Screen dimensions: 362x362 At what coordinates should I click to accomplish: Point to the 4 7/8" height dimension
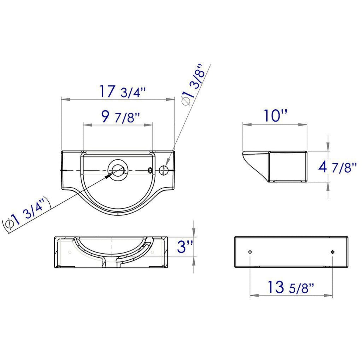pyautogui.click(x=337, y=167)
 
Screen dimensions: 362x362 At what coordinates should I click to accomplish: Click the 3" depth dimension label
pyautogui.click(x=185, y=247)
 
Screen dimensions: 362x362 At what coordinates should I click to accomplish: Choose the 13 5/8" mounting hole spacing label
pyautogui.click(x=291, y=287)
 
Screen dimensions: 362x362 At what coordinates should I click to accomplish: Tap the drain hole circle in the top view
pyautogui.click(x=118, y=170)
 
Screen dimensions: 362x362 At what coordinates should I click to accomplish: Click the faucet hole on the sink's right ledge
pyautogui.click(x=163, y=170)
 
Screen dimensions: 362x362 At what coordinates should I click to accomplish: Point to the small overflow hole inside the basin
pyautogui.click(x=150, y=170)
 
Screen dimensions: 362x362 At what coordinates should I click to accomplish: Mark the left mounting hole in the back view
pyautogui.click(x=250, y=252)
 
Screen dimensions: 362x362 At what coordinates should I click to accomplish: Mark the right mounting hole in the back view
pyautogui.click(x=332, y=252)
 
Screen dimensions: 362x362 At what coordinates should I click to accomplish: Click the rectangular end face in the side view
pyautogui.click(x=288, y=166)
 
